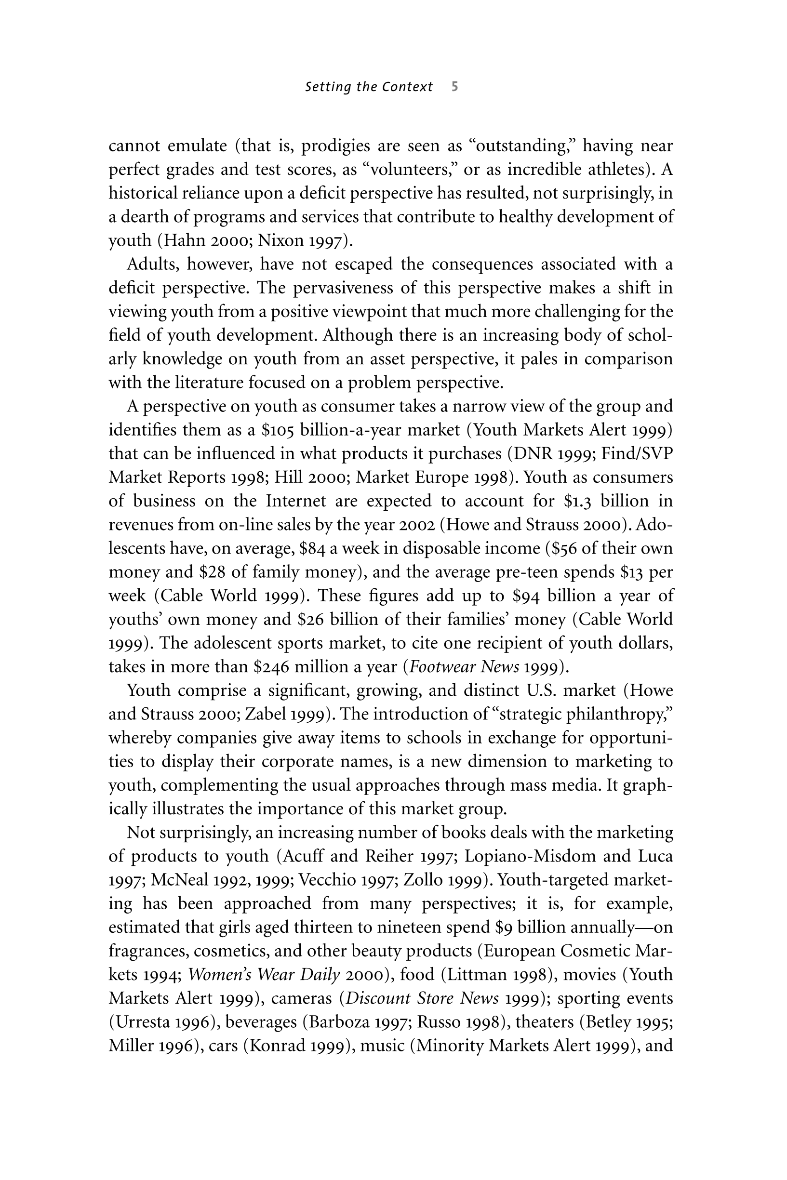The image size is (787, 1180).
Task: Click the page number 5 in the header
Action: [x=454, y=87]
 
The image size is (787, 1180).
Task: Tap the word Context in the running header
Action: [x=407, y=87]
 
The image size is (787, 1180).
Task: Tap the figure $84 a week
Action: [x=311, y=548]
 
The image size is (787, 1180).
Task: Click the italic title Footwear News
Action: [x=464, y=667]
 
